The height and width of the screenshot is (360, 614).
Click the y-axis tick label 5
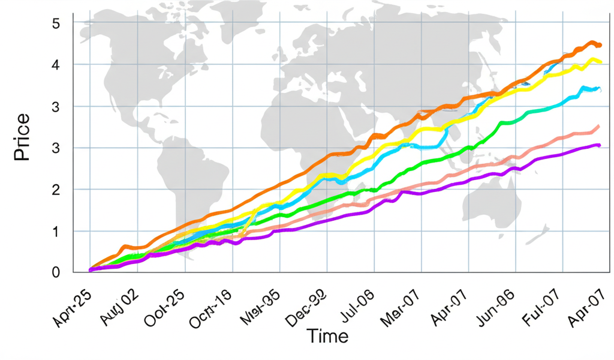(56, 24)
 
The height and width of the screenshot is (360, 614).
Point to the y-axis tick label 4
(56, 65)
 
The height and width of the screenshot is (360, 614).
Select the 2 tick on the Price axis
(56, 190)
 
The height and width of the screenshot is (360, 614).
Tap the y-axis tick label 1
(56, 231)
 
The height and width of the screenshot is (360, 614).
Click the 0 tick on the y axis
(56, 272)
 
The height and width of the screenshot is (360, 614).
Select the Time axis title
(327, 336)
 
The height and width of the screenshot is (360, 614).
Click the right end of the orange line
(600, 45)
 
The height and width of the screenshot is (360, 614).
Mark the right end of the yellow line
(601, 62)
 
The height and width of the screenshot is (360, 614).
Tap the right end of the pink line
(599, 126)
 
